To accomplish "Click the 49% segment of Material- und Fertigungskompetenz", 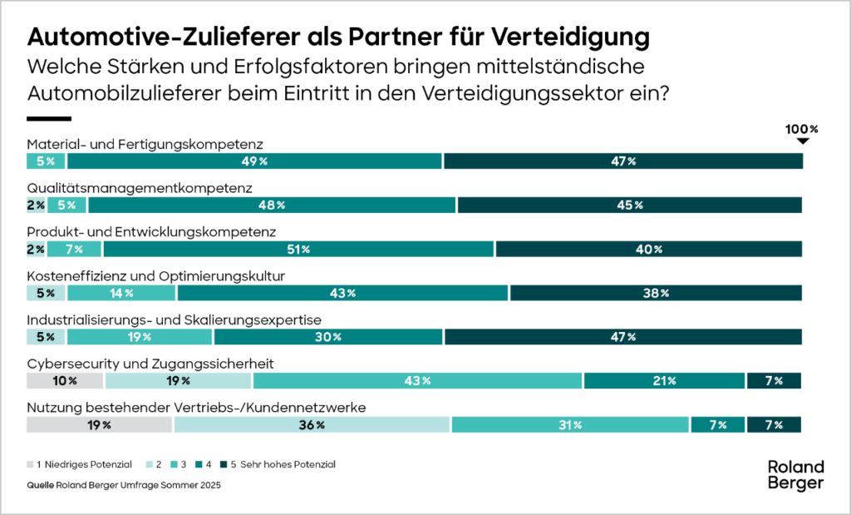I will click(255, 161).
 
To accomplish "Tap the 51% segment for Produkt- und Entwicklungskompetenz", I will click(298, 249).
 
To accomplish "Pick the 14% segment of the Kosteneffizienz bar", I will click(122, 293).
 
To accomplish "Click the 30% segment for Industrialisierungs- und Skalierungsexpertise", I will click(328, 337).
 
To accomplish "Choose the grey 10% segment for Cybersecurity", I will click(66, 381).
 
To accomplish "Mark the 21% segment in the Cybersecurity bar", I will click(664, 381).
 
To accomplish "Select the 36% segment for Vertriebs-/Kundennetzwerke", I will click(312, 424).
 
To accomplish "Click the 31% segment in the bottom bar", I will click(571, 424).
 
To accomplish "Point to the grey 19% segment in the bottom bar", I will click(100, 424).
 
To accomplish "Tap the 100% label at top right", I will click(802, 129).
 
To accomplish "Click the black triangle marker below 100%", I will click(802, 141).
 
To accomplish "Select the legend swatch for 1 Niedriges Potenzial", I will click(30, 464).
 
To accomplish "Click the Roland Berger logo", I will click(795, 474).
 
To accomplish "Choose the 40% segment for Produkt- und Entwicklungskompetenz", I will click(648, 249).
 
